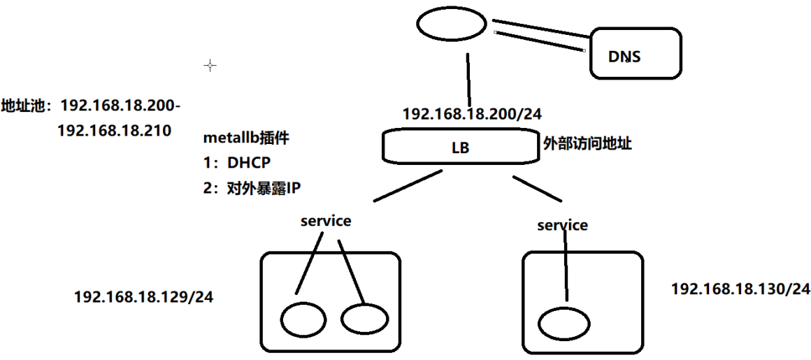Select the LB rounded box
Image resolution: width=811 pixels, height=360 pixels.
point(461,147)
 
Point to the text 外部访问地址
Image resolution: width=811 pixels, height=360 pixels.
point(588,143)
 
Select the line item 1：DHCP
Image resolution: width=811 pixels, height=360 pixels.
point(236,162)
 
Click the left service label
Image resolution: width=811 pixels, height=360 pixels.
point(326,221)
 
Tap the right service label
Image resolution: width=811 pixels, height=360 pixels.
point(562,225)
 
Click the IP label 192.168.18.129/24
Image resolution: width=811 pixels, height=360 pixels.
point(143,297)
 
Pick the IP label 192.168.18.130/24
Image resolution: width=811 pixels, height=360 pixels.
point(740,288)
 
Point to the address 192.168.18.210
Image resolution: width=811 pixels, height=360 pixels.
point(114,131)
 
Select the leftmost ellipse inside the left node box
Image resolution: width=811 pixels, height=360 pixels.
point(303,319)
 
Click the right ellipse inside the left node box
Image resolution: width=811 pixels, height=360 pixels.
point(364,319)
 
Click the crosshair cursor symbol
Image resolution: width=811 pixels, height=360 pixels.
point(210,65)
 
